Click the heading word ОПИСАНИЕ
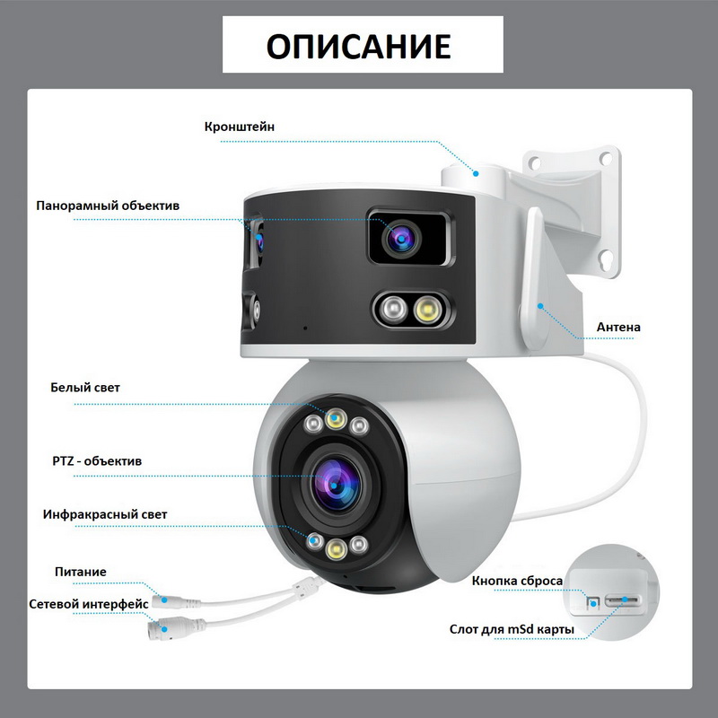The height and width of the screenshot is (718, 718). point(358,46)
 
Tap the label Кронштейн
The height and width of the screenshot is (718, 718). point(240,127)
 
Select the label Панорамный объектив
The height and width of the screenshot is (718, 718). point(108,206)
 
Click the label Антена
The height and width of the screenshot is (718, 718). point(618,327)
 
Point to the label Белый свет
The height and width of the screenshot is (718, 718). point(85,388)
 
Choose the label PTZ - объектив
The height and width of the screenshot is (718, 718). point(97,460)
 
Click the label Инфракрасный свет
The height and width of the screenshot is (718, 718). point(105,514)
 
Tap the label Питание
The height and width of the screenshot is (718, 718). point(81,572)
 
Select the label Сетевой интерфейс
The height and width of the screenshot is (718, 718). point(89,604)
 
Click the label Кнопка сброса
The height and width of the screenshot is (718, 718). point(518,581)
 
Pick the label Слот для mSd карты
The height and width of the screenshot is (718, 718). point(512,629)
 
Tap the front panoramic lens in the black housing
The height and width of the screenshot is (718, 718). point(401,238)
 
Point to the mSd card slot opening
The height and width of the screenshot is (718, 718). point(623,600)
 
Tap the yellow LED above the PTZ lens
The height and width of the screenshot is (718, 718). point(336,418)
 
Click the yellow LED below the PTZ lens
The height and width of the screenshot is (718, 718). point(336,547)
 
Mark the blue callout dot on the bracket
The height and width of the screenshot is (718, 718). point(477,173)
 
